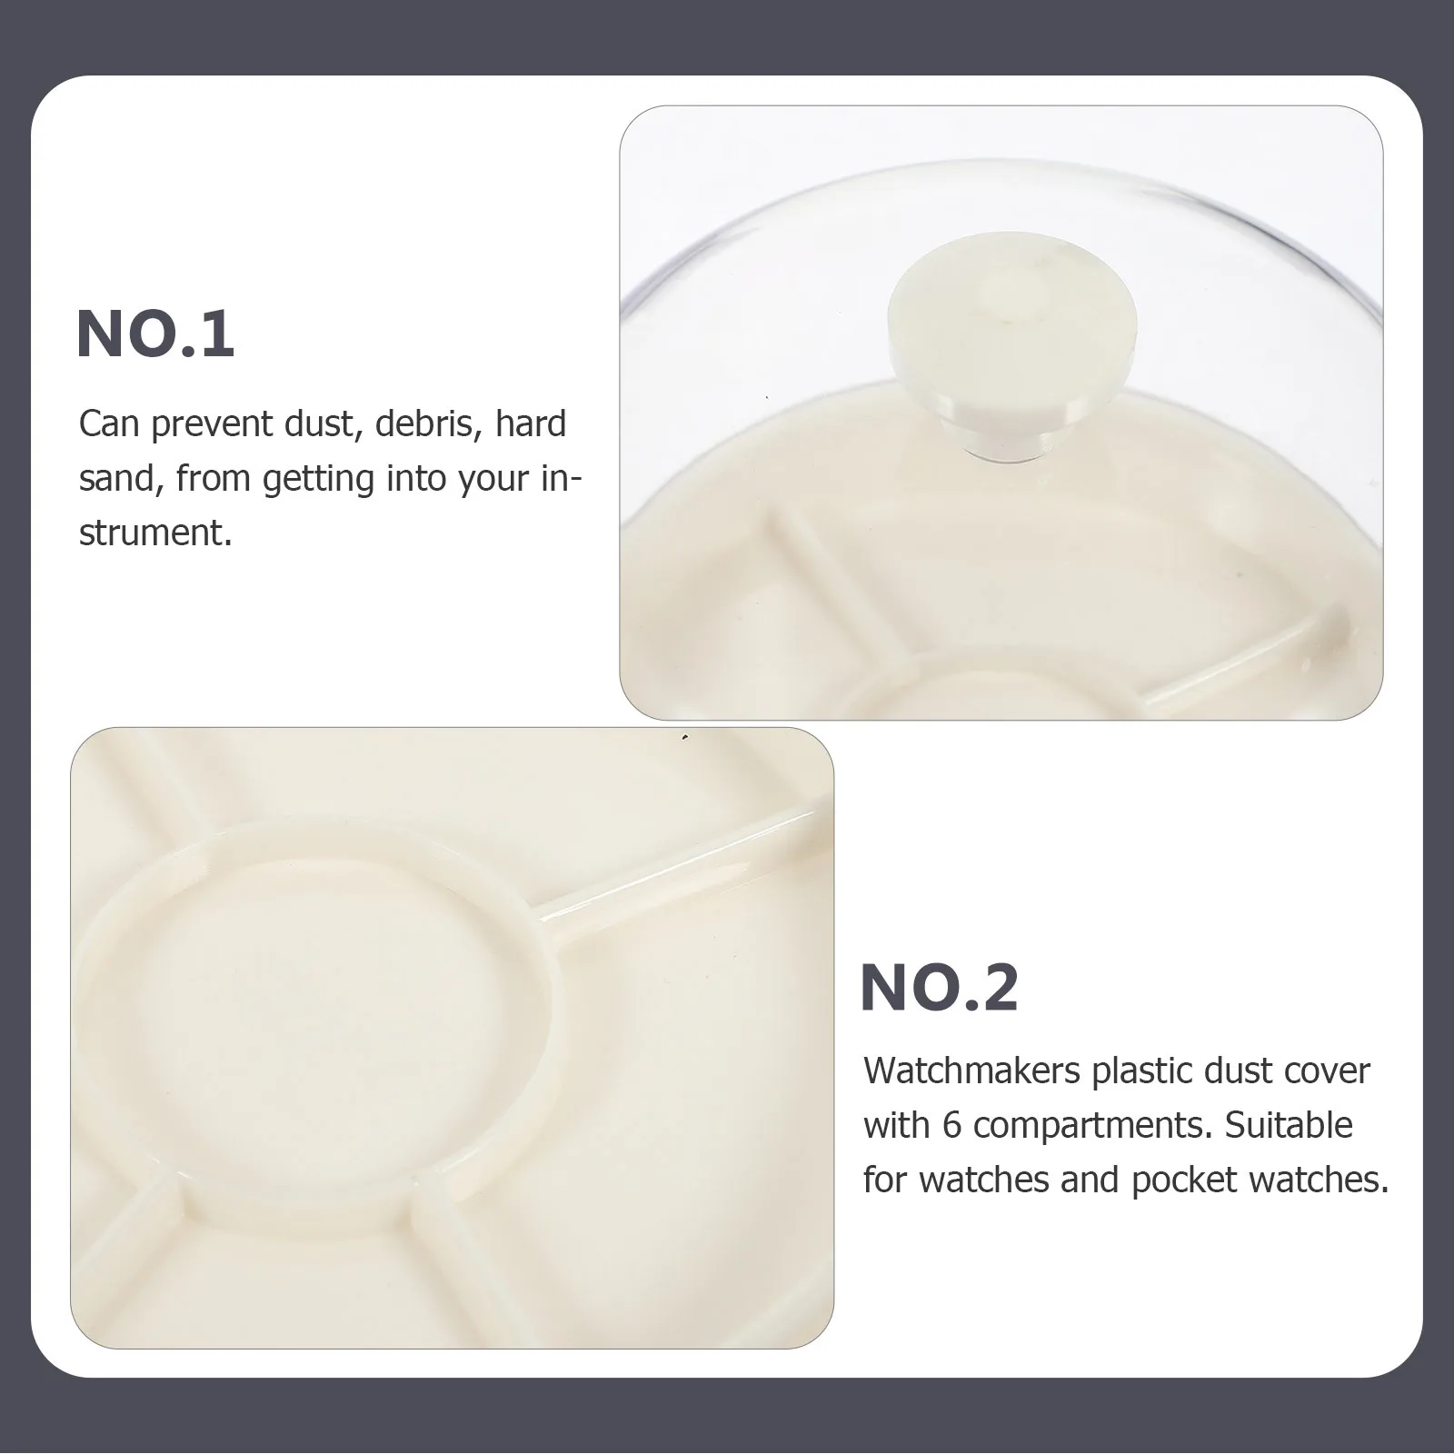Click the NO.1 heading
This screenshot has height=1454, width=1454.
(x=155, y=334)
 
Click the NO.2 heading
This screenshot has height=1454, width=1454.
(x=939, y=988)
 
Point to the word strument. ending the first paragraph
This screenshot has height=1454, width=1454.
(x=155, y=533)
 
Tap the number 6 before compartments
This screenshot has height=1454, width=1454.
(x=951, y=1126)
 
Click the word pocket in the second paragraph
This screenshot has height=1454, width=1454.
(x=1184, y=1180)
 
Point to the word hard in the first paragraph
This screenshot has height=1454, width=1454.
(x=530, y=424)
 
